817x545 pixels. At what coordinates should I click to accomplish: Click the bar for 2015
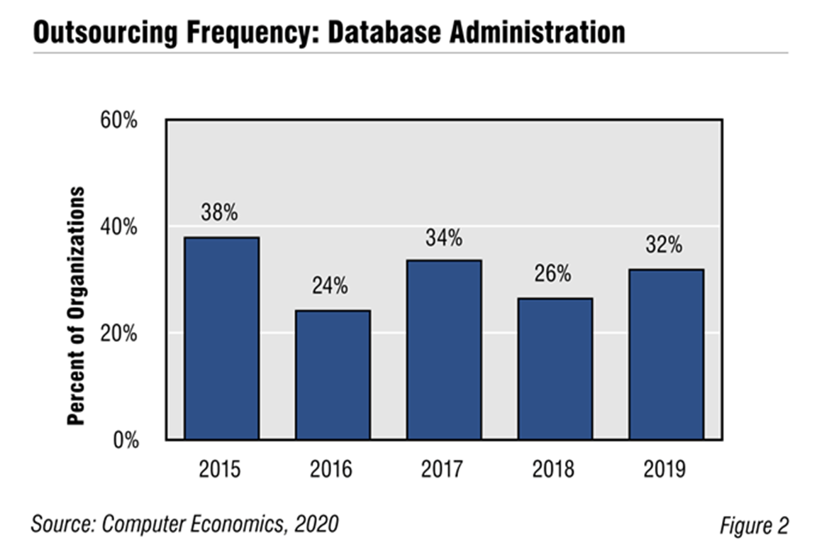[x=221, y=338]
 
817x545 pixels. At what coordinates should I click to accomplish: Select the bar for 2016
[x=333, y=375]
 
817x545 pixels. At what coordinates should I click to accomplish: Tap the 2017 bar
[x=444, y=350]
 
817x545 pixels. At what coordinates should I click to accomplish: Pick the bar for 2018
[x=555, y=369]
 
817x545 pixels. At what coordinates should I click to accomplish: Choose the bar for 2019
[x=666, y=354]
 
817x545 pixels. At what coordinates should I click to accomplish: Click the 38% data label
[x=221, y=212]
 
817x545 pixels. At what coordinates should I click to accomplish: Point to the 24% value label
[x=330, y=286]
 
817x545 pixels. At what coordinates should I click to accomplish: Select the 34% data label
[x=444, y=238]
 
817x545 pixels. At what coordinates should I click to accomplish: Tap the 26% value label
[x=553, y=274]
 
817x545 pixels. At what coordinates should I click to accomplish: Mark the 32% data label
[x=665, y=245]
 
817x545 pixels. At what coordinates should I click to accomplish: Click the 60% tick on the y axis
[x=118, y=120]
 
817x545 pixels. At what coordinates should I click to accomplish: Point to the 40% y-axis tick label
[x=118, y=227]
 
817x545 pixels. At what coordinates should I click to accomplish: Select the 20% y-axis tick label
[x=118, y=334]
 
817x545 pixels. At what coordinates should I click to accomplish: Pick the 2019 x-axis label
[x=666, y=470]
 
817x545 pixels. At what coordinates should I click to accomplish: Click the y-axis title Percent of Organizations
[x=76, y=305]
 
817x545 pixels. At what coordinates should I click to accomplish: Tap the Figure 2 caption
[x=753, y=526]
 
